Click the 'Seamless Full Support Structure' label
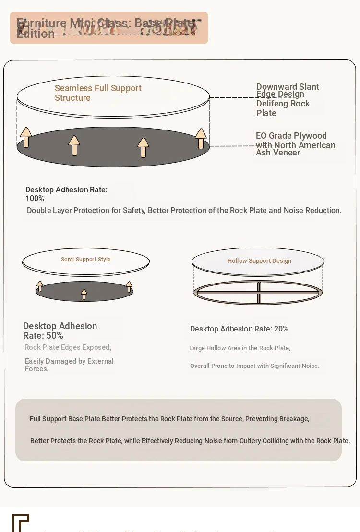click(98, 93)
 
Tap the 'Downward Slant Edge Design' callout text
click(287, 90)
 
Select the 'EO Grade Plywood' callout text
click(291, 136)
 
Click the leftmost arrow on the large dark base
click(26, 137)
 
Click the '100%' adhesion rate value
click(35, 199)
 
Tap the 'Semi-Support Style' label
click(85, 260)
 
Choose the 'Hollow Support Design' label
click(259, 261)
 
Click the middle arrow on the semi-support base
click(84, 295)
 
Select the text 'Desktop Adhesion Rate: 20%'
click(239, 329)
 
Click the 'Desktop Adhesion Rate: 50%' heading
click(60, 331)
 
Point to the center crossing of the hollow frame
click(259, 292)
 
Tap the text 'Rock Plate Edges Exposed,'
click(68, 347)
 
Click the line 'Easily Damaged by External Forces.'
click(69, 365)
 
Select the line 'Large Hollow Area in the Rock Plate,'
click(240, 348)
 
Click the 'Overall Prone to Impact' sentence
click(254, 366)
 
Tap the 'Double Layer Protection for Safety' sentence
click(184, 211)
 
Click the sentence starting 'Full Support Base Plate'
click(169, 419)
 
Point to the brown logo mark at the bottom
click(21, 522)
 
